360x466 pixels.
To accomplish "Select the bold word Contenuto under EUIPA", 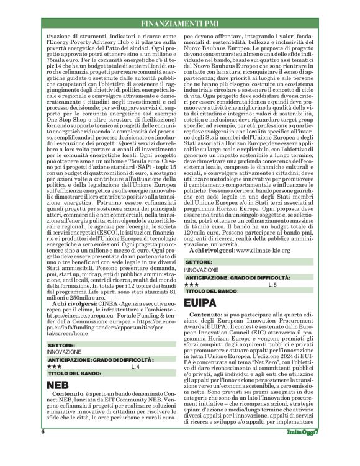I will click(x=208, y=315).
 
